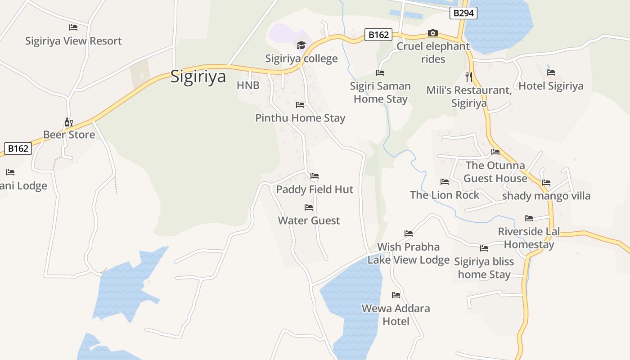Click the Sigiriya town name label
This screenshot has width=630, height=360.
point(198,76)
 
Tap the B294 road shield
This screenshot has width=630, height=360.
point(463,13)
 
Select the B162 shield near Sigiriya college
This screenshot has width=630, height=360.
point(378,35)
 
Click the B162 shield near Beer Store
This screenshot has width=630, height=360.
point(18,148)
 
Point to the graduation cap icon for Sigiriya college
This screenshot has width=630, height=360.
point(301,45)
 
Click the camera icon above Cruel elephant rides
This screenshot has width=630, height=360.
point(432,33)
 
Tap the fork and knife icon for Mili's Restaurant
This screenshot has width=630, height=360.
point(469,76)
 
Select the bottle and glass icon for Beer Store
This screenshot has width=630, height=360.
point(68,122)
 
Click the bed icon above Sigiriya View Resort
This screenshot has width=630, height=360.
point(73,27)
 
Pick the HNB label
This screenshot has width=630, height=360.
point(248,85)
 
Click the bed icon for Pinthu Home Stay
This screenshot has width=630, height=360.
point(300,105)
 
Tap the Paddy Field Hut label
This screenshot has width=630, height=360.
point(315,189)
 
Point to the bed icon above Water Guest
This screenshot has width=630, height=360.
point(309,207)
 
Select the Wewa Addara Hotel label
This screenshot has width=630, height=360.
point(396,315)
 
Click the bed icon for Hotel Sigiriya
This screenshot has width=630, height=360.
point(551,72)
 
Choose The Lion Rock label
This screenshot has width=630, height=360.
point(445,195)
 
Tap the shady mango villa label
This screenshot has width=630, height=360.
point(546,196)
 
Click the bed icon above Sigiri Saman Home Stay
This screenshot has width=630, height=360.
point(380,73)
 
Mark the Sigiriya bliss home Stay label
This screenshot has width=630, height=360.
point(484,268)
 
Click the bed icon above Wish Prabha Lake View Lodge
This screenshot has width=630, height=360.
point(409,234)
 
